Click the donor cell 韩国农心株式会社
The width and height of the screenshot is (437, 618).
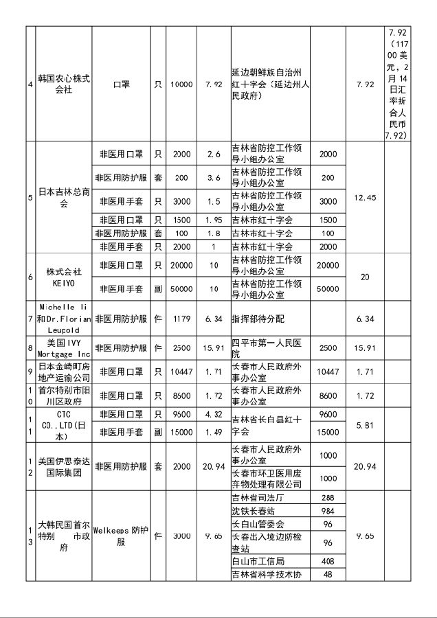tap(63, 84)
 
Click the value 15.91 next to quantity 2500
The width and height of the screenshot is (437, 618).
tap(213, 348)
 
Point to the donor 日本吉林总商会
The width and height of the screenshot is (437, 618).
tap(63, 198)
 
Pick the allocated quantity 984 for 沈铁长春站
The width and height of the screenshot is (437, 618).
tap(328, 511)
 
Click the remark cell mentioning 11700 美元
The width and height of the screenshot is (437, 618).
tap(407, 84)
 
